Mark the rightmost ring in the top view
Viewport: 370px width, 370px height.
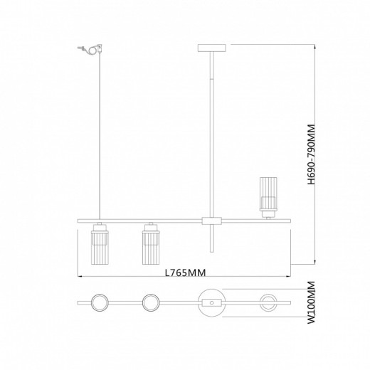click(268, 303)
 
